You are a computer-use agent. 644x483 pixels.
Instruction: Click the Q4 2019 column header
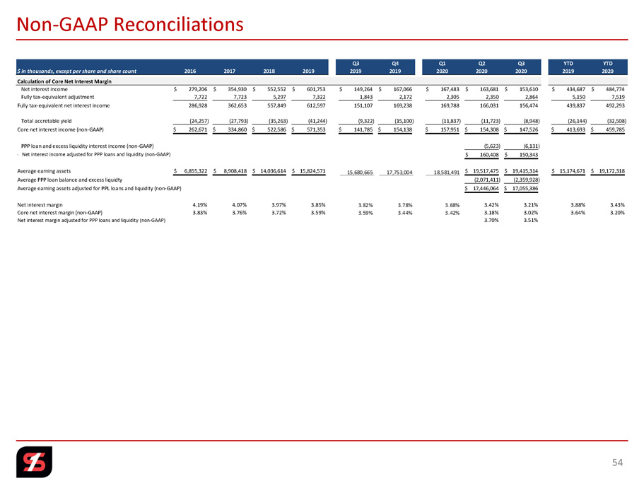click(395, 66)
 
